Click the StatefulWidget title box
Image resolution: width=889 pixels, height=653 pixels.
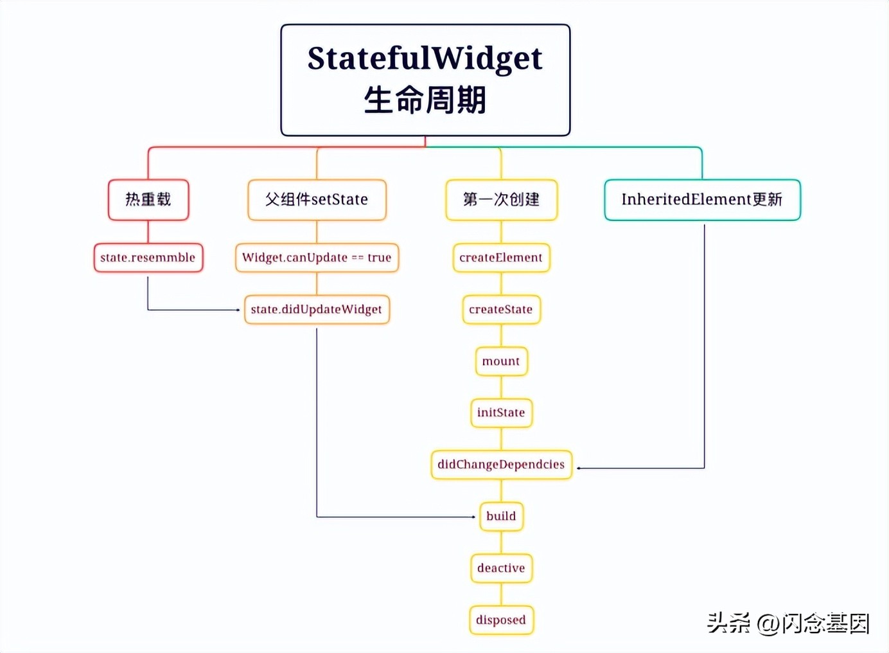pyautogui.click(x=425, y=80)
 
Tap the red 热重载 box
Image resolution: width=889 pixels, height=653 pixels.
pyautogui.click(x=148, y=200)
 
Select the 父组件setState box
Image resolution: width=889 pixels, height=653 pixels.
pyautogui.click(x=317, y=200)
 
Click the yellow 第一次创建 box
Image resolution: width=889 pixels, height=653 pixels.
pyautogui.click(x=501, y=200)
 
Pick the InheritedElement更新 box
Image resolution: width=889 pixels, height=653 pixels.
pyautogui.click(x=702, y=200)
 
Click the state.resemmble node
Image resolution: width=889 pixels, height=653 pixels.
pyautogui.click(x=148, y=258)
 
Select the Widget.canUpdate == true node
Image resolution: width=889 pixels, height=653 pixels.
pyautogui.click(x=317, y=258)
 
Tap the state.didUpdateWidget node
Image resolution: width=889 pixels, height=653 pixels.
pyautogui.click(x=317, y=310)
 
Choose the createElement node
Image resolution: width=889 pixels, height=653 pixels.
pyautogui.click(x=501, y=258)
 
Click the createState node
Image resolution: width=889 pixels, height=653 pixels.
pyautogui.click(x=501, y=310)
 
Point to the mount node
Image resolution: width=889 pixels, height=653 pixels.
pyautogui.click(x=501, y=361)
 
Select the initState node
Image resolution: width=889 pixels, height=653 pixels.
pyautogui.click(x=501, y=413)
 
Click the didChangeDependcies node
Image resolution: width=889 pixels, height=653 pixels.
pyautogui.click(x=501, y=465)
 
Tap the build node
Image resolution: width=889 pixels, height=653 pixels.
pyautogui.click(x=501, y=516)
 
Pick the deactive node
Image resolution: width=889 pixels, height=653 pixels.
pyautogui.click(x=501, y=568)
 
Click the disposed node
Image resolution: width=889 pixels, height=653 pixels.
pyautogui.click(x=501, y=620)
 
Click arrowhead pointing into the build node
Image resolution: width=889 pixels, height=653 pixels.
pyautogui.click(x=473, y=517)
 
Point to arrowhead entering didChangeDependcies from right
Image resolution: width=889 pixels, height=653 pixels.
pyautogui.click(x=579, y=469)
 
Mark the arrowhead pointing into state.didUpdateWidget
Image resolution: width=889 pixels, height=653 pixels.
pyautogui.click(x=238, y=310)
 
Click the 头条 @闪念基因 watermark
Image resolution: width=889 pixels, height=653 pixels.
pyautogui.click(x=788, y=623)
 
